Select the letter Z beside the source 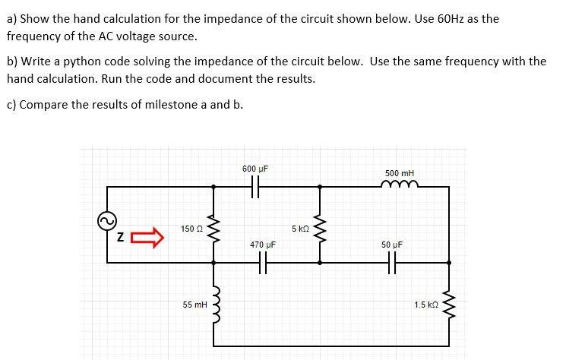[x=120, y=238]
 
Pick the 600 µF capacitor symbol [x=255, y=185]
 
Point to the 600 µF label [x=255, y=169]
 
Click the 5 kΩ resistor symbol [x=319, y=225]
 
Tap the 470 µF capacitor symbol [x=262, y=263]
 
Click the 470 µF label [x=262, y=245]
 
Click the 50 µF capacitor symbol [x=392, y=263]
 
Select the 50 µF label [x=392, y=245]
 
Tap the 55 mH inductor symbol [x=213, y=303]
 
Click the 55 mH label [x=194, y=304]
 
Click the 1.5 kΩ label [x=425, y=305]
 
